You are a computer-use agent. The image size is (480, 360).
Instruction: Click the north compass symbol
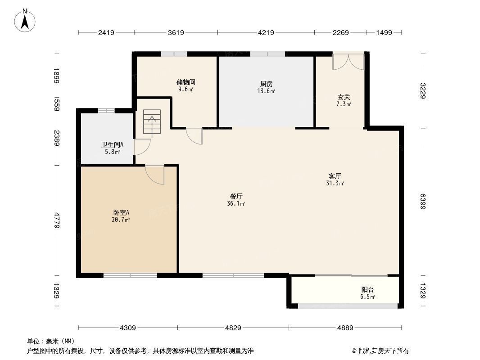(26, 20)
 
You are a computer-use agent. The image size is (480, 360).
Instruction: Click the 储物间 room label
(186, 83)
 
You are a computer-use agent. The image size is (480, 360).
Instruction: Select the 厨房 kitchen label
(267, 84)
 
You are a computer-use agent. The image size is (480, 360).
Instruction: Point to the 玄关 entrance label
(344, 97)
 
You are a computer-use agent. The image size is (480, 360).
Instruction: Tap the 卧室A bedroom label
(121, 213)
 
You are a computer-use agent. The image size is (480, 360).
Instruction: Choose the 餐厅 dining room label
(236, 197)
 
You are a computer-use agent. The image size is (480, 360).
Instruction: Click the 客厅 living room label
(335, 176)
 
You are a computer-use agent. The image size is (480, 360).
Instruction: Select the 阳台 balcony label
(367, 290)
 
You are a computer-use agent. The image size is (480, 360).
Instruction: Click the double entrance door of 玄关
(348, 62)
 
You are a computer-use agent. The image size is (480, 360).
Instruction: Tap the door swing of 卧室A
(155, 175)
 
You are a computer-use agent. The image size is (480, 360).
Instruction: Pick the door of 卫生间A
(141, 147)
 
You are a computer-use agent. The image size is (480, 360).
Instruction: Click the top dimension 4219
(265, 32)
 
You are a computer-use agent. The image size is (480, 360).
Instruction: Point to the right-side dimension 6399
(423, 202)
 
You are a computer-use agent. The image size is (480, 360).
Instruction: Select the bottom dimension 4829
(233, 328)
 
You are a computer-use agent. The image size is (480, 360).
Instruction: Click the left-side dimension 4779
(57, 220)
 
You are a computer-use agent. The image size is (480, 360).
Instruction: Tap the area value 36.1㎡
(236, 204)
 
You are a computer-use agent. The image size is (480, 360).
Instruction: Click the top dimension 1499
(384, 32)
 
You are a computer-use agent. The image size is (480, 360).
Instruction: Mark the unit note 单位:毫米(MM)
(51, 342)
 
